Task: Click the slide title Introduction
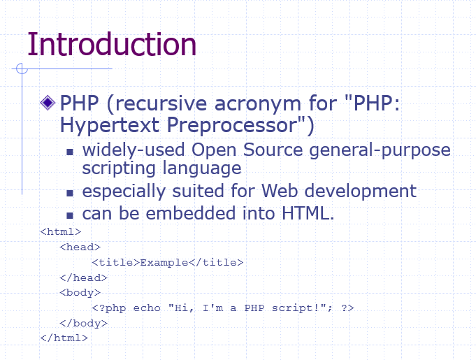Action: click(112, 44)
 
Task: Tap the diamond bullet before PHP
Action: click(48, 103)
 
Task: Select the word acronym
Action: click(258, 104)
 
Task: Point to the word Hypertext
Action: click(110, 125)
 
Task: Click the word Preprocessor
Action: click(232, 124)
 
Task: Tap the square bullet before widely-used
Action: click(70, 152)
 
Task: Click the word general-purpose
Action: click(380, 151)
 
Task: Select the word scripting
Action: click(119, 168)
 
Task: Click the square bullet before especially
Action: click(70, 193)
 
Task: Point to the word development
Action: click(361, 192)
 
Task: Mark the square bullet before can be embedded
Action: click(70, 215)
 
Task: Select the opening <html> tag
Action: click(61, 232)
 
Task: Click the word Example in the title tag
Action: click(164, 263)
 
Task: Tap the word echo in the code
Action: click(147, 308)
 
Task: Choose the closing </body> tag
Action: click(83, 324)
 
